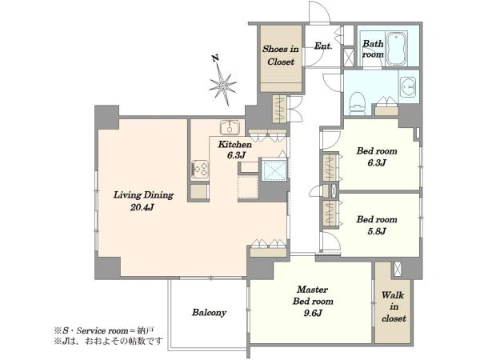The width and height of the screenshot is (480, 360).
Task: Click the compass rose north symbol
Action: tap(223, 83)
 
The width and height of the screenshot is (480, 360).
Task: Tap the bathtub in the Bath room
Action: tap(396, 48)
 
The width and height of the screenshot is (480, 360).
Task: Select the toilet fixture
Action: tap(358, 103)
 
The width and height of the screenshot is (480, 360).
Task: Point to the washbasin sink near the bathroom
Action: tap(408, 87)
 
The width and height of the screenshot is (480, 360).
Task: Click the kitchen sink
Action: tap(230, 126)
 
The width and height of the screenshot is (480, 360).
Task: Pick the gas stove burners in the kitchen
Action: tap(200, 170)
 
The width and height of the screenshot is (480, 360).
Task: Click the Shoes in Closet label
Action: tap(281, 55)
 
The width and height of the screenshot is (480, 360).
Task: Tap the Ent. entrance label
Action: tap(323, 46)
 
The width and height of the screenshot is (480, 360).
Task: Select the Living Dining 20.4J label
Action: tap(143, 201)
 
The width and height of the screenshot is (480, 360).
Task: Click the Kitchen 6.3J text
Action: tap(234, 150)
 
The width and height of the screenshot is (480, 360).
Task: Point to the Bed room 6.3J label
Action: tap(377, 157)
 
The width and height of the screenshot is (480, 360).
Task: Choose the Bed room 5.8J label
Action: tap(377, 225)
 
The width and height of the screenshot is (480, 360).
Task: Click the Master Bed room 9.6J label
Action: tap(313, 302)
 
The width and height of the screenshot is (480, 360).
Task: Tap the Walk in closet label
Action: tap(394, 306)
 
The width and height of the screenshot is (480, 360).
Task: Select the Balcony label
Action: tap(209, 313)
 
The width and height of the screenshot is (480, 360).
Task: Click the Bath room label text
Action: tap(373, 49)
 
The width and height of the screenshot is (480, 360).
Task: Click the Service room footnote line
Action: tap(104, 330)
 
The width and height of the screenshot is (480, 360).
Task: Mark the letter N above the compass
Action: tap(216, 58)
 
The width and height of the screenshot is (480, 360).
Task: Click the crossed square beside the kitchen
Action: tap(274, 170)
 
